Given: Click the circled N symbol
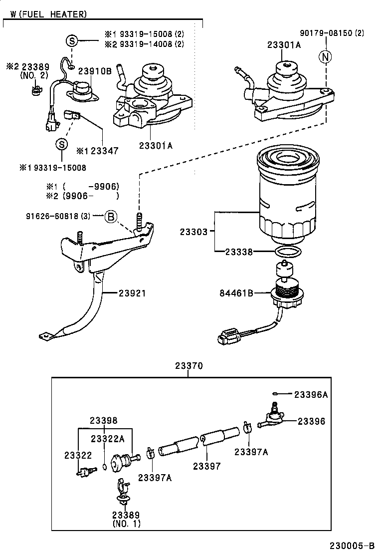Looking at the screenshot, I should click(x=325, y=57).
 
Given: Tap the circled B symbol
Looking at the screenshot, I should click(x=110, y=216).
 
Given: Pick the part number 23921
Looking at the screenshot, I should click(x=132, y=293).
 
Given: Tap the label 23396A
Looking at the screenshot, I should click(x=311, y=394).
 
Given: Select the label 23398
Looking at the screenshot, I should click(x=103, y=420).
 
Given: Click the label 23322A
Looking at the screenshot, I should click(x=107, y=438).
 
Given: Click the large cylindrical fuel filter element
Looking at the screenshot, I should click(x=286, y=195).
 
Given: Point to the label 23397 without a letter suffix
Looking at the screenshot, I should click(x=207, y=466).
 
